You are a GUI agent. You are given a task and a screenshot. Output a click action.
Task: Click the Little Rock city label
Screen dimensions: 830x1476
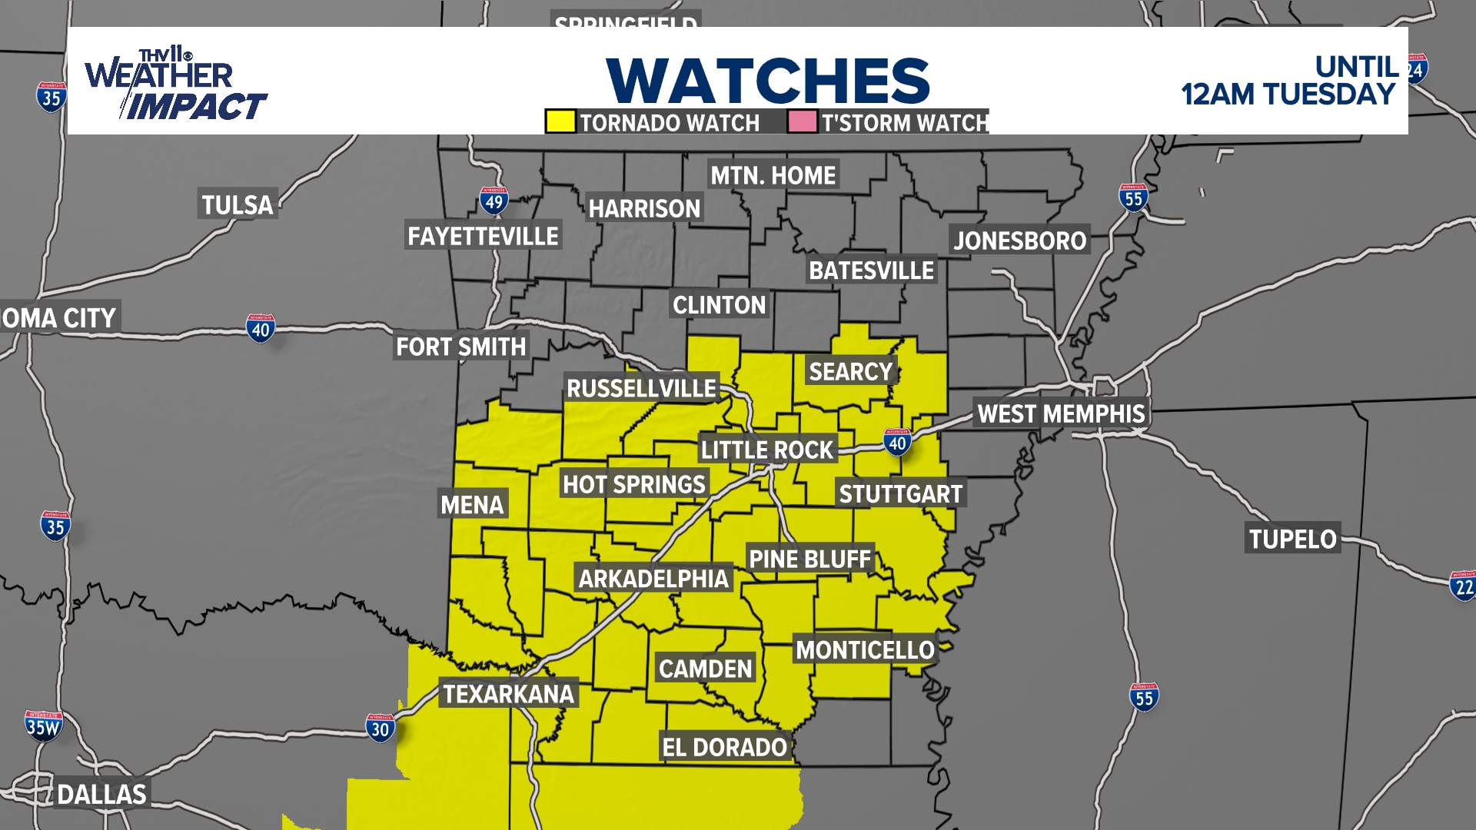pos(766,450)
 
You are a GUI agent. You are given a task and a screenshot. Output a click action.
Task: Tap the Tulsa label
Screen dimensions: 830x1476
pos(238,204)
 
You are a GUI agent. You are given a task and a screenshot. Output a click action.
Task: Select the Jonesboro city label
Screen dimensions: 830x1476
pos(1019,241)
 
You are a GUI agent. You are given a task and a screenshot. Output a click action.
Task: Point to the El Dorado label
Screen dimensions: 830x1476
pos(724,747)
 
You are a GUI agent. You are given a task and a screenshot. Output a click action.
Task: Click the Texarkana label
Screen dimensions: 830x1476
pos(508,694)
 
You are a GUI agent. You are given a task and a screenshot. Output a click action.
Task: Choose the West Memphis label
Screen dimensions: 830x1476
pos(1061,413)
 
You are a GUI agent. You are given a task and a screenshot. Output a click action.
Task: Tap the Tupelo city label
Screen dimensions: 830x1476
pos(1292,539)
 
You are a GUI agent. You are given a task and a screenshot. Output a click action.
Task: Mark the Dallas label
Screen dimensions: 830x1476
pos(101,794)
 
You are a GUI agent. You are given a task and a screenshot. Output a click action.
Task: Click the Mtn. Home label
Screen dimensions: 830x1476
pos(773,175)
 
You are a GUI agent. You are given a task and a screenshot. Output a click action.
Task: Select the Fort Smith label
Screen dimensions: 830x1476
pos(460,347)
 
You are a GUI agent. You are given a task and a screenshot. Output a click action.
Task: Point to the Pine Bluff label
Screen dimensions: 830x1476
pos(809,559)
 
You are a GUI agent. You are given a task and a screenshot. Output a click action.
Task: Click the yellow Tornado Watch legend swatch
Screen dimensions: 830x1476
pos(560,121)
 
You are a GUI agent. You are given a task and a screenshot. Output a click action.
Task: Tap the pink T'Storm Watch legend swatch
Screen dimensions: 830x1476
pos(802,121)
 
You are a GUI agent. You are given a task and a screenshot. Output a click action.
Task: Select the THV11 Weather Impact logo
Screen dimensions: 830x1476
pos(175,85)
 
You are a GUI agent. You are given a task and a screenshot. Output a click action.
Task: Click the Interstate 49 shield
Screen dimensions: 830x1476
pos(494,201)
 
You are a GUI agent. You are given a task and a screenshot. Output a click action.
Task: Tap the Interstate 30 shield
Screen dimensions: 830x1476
pos(380,728)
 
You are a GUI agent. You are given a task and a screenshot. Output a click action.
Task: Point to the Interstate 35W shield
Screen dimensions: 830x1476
pos(43,725)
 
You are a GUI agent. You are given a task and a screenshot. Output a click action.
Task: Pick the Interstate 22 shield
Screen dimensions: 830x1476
pos(1463,586)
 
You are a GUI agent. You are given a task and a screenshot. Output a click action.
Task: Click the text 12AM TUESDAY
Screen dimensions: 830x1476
pos(1288,95)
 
